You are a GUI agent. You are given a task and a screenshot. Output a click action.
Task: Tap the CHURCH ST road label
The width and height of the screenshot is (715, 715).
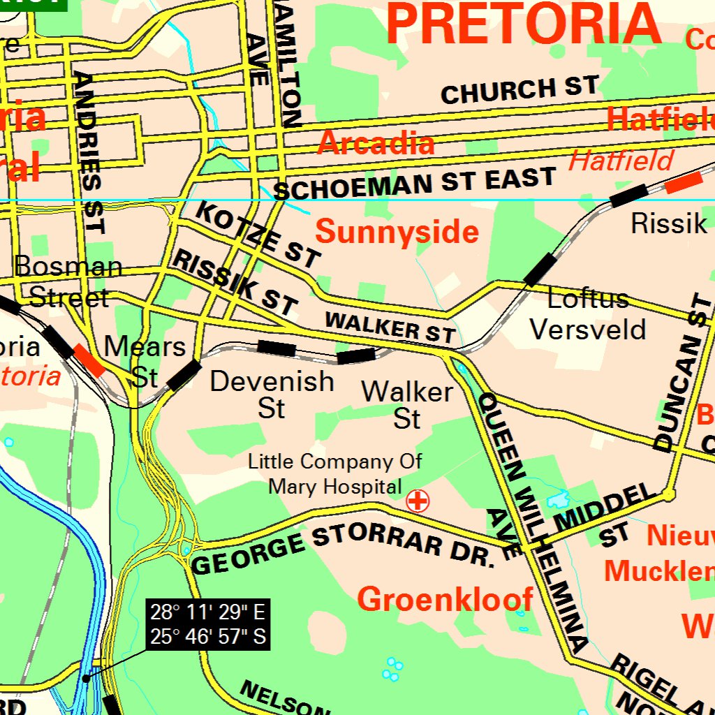point(519,90)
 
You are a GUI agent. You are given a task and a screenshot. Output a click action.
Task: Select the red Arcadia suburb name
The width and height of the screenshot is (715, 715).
point(376,143)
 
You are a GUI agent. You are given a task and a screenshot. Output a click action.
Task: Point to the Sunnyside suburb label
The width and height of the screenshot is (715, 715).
point(397,232)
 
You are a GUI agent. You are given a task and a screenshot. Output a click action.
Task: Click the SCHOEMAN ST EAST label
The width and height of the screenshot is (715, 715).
point(415,183)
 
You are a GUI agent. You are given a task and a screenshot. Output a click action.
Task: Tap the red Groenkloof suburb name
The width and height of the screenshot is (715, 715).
point(445,599)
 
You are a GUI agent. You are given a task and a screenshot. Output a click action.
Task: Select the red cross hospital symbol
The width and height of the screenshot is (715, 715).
point(418,501)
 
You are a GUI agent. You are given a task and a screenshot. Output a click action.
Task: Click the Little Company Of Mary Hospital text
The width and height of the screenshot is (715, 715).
point(335,473)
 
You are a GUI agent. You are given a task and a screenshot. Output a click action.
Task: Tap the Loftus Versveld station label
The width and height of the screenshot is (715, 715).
point(588,314)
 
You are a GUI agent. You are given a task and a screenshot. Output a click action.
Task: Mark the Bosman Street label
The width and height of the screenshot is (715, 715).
point(68,281)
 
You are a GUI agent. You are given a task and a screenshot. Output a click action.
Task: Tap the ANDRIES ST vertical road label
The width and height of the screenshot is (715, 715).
point(90,152)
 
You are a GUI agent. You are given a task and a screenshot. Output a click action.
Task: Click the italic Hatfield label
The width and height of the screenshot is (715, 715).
point(621,161)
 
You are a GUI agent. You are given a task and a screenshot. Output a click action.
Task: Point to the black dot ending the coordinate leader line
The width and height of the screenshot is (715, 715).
point(85,678)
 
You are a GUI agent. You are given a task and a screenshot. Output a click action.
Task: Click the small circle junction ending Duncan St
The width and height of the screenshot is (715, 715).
point(669,495)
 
